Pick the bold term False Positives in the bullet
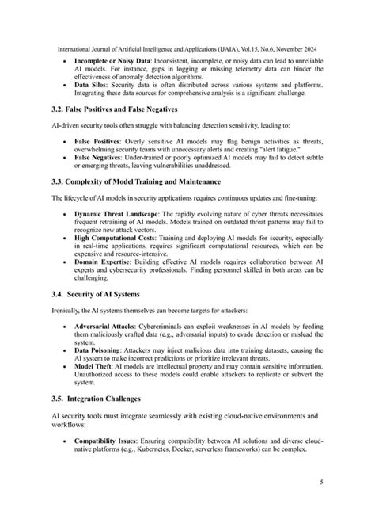100,140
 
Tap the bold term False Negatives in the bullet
100,157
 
